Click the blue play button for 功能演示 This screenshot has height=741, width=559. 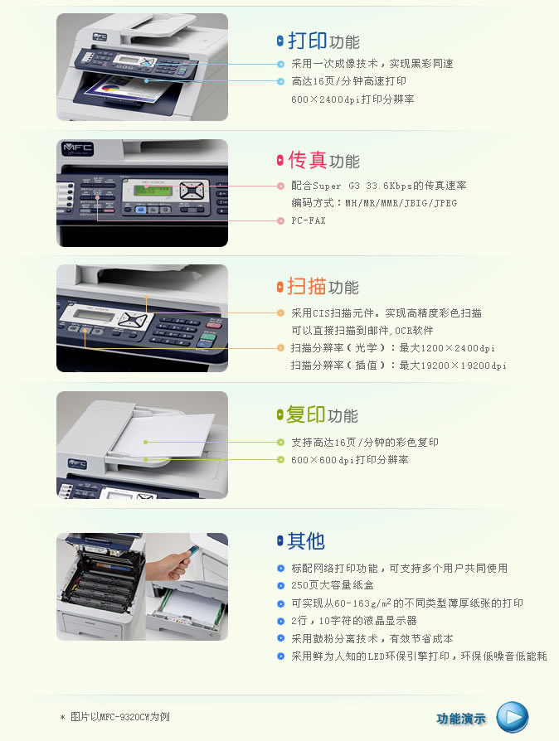coord(513,717)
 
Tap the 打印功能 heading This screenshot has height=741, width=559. coord(324,41)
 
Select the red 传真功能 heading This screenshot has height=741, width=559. coord(324,160)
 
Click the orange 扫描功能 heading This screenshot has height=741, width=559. coord(323,287)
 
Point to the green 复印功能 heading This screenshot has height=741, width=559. coord(322,415)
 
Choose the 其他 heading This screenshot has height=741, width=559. coord(306,540)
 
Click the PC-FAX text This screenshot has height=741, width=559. coord(309,220)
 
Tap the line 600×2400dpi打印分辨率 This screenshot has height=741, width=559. coord(352,99)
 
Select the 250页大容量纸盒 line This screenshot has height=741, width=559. coord(333,585)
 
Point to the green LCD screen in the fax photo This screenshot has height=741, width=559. coord(152,191)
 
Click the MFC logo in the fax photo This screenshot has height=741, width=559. coord(78,148)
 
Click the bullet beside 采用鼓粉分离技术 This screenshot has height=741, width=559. coord(280,638)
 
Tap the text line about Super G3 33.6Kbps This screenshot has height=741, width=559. coord(379,186)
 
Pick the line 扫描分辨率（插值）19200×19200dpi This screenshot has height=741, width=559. coord(399,366)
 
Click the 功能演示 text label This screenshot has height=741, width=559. coord(461,719)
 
